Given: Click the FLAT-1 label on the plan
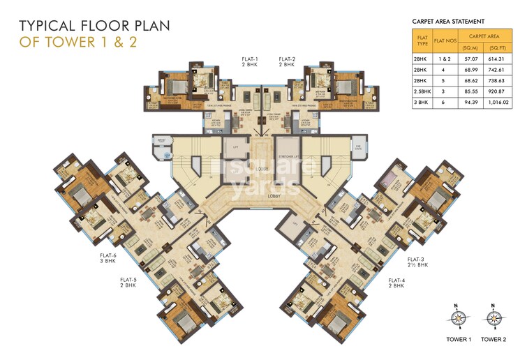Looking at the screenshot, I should tap(251, 59).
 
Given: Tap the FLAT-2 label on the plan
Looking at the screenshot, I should tap(287, 59).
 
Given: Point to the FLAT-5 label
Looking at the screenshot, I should tap(128, 279).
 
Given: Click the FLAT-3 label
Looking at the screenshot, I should tap(417, 260).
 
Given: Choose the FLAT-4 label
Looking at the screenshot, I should tap(396, 281).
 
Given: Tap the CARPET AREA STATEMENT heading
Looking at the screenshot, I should tap(449, 22).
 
